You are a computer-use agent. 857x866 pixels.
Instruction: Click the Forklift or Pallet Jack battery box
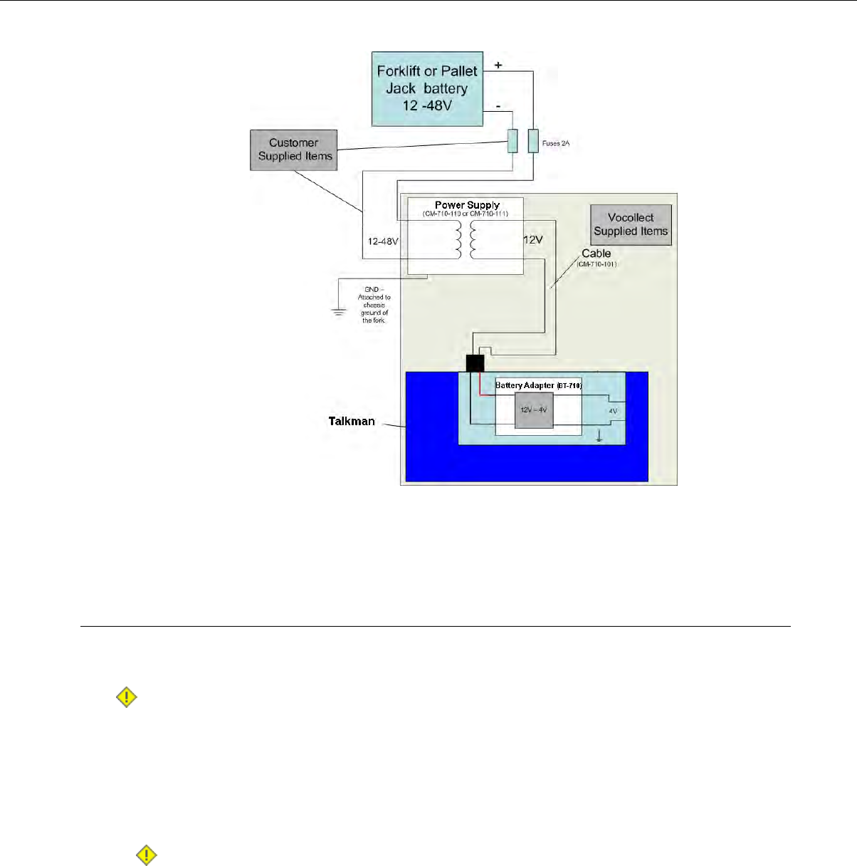pos(427,88)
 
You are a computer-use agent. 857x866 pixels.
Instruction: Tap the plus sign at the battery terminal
pos(498,66)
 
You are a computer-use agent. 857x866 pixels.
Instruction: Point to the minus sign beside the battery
pos(498,105)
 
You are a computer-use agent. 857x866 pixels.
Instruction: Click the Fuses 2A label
pos(556,144)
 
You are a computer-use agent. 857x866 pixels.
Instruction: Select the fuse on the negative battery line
pos(512,141)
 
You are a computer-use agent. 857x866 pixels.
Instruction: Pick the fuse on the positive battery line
pos(532,141)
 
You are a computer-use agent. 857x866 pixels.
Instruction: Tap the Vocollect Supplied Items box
pos(631,224)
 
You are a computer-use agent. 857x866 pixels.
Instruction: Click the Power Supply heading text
pos(467,205)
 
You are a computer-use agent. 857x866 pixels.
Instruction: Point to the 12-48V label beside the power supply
pos(382,241)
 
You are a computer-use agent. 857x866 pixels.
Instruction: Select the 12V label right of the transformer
pos(533,240)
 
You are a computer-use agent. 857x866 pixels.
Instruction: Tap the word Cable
pos(596,254)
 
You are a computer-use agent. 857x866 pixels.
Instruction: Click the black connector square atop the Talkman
pos(475,363)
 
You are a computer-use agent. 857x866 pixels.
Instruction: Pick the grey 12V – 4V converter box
pos(533,410)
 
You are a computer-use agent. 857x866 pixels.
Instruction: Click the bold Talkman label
pos(352,421)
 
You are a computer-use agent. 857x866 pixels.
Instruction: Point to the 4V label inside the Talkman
pos(613,412)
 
